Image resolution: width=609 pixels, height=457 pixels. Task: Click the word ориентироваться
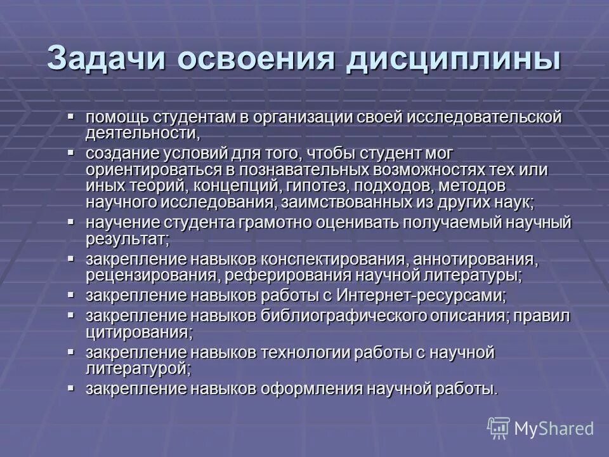click(x=154, y=170)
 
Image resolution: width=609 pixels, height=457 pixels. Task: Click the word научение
click(x=122, y=223)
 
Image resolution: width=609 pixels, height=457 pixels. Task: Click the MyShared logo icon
click(x=499, y=428)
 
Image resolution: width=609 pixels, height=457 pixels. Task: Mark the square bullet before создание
click(x=71, y=153)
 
